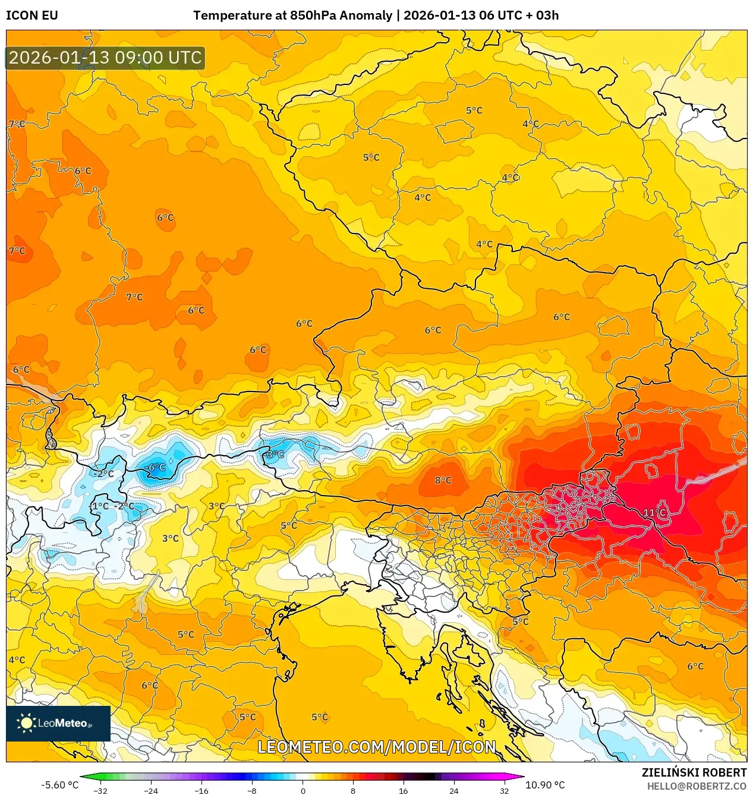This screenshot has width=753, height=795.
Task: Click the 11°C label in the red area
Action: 654,512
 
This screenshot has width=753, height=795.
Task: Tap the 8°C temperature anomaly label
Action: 443,480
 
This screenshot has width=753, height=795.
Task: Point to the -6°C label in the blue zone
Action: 156,468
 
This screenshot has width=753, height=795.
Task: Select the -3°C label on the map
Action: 274,455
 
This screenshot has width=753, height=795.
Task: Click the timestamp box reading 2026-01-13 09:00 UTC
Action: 105,58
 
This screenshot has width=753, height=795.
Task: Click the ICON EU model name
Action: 32,15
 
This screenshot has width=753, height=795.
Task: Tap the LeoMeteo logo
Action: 58,723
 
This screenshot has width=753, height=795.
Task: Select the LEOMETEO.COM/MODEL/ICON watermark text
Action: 376,747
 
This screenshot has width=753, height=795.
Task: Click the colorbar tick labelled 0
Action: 303,790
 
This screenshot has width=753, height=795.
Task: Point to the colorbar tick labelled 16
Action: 403,790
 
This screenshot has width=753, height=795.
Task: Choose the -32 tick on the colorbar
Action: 100,790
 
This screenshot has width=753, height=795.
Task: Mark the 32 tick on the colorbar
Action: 504,790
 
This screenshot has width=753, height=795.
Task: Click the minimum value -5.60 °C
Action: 59,785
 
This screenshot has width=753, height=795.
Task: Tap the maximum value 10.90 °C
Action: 545,785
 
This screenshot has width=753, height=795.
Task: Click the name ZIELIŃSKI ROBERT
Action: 694,772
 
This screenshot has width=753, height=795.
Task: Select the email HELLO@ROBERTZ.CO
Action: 696,786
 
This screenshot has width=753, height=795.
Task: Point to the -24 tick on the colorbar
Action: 151,790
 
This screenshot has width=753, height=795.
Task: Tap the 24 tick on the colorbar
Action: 453,790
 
